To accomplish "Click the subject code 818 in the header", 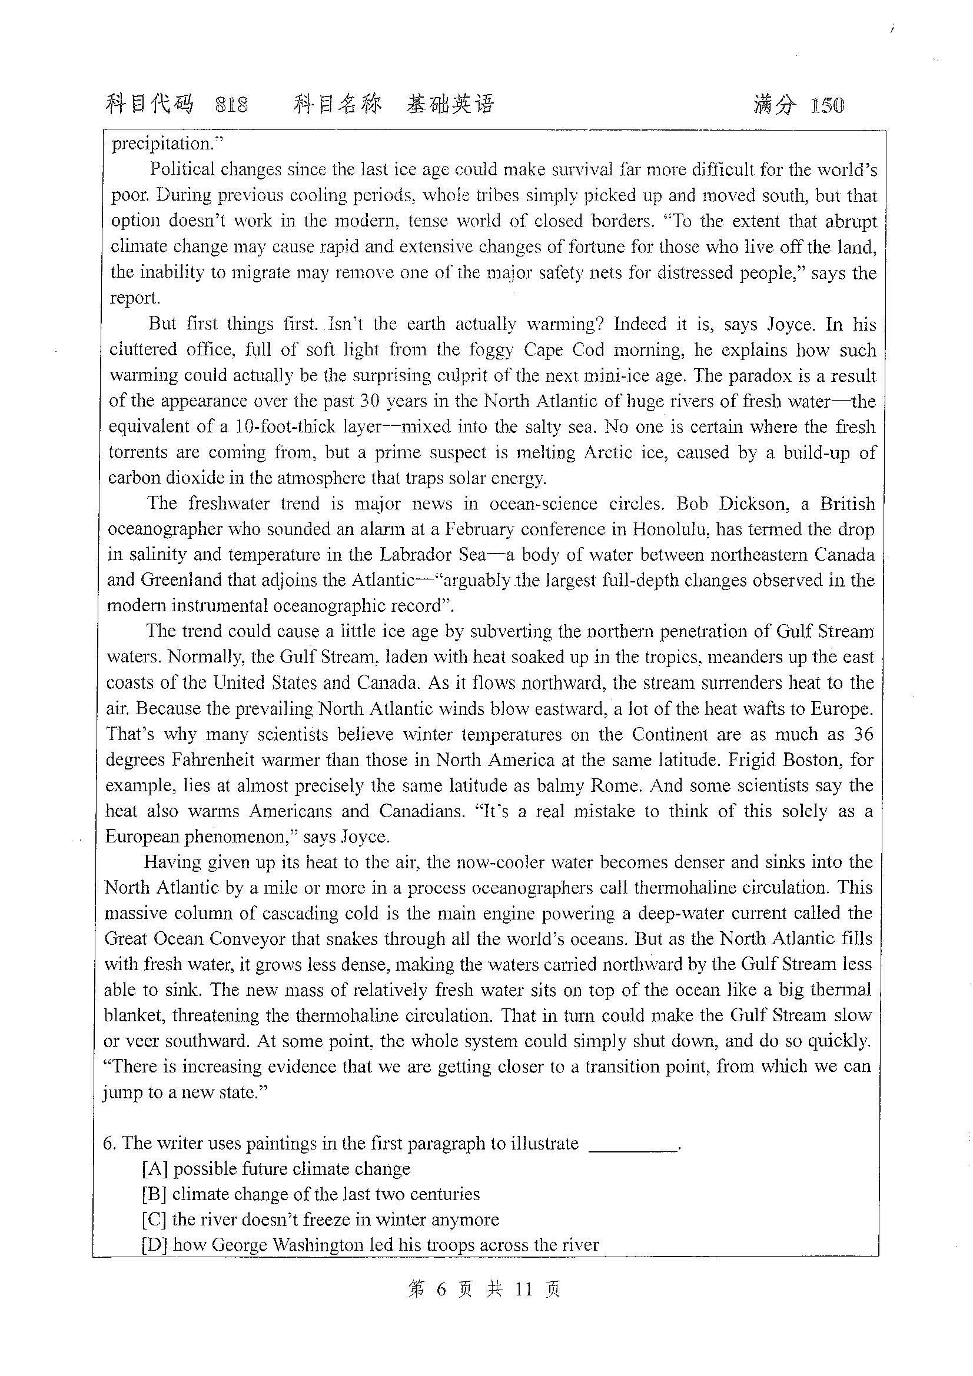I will (x=231, y=105).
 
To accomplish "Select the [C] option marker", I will (x=154, y=1219).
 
